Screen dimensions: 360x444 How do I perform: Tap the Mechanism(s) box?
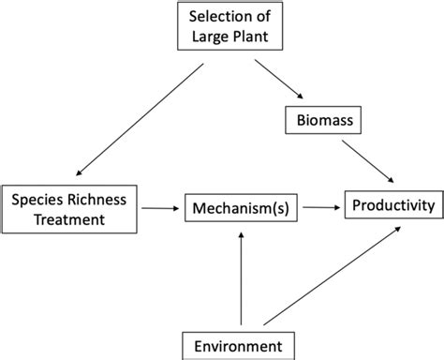click(242, 206)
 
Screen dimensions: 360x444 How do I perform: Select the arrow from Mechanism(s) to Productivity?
click(318, 205)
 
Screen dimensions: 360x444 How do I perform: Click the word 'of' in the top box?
click(246, 16)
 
